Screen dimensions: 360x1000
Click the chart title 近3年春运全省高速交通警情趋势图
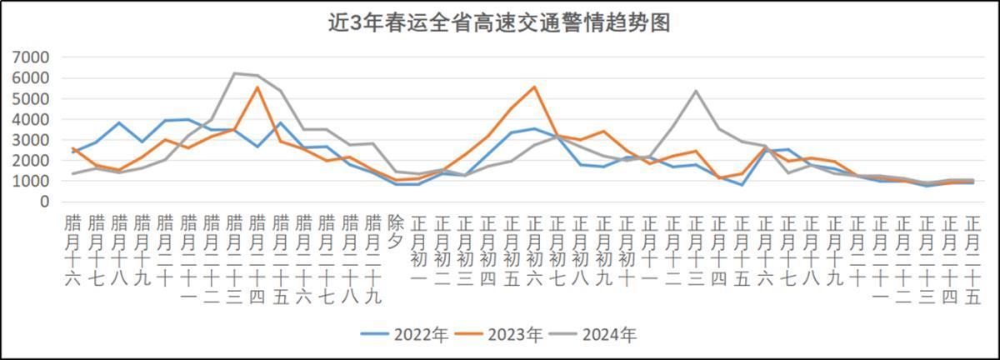coord(499,22)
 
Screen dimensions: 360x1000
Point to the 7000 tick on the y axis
coord(32,57)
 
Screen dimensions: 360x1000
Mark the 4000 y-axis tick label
coord(32,119)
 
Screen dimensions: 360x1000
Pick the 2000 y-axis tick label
coord(32,160)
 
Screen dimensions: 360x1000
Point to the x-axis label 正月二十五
coord(972,259)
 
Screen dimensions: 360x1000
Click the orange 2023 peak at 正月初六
coord(534,87)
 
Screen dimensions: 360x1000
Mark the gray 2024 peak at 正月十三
coord(695,91)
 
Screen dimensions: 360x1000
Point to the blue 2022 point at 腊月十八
coord(120,122)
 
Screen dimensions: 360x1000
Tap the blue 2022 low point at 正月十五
coord(742,185)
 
